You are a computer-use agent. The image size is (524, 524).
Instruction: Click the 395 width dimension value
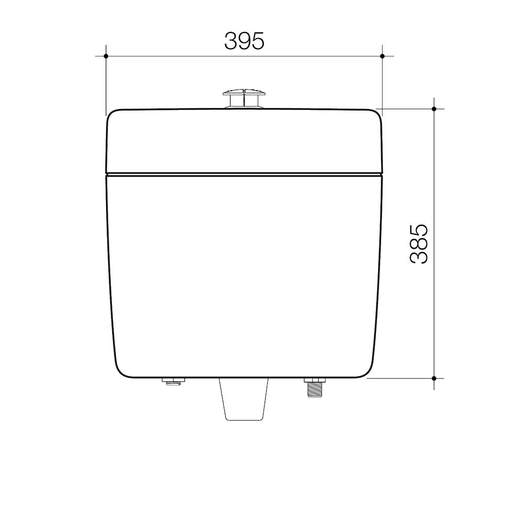pyautogui.click(x=244, y=41)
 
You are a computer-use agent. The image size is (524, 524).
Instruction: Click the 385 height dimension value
pyautogui.click(x=419, y=244)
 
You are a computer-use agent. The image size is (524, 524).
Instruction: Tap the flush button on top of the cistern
pyautogui.click(x=244, y=99)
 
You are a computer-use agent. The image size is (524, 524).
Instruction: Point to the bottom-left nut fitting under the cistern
pyautogui.click(x=173, y=381)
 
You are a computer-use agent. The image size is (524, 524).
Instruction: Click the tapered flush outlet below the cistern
pyautogui.click(x=244, y=399)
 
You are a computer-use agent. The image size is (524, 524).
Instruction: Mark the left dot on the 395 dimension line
pyautogui.click(x=106, y=56)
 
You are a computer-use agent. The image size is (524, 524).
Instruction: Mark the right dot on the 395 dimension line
pyautogui.click(x=383, y=56)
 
